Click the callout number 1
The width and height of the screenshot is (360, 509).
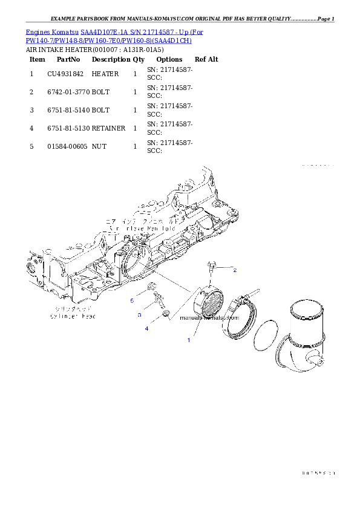pyautogui.click(x=188, y=340)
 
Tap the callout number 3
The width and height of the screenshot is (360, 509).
pyautogui.click(x=139, y=315)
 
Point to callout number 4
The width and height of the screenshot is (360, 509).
pyautogui.click(x=146, y=328)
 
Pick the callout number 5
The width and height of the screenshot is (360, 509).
pyautogui.click(x=131, y=300)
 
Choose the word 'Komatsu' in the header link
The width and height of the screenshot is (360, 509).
pyautogui.click(x=65, y=31)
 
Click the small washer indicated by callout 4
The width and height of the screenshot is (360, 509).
pyautogui.click(x=166, y=314)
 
